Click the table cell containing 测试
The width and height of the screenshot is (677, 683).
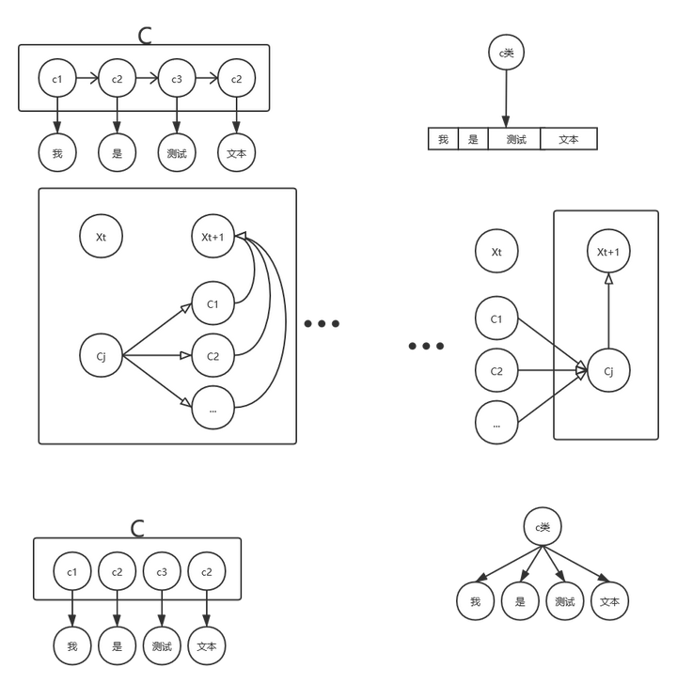515,140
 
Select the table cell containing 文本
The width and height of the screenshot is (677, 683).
568,140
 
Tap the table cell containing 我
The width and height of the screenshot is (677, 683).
443,140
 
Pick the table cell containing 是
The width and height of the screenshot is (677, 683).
473,140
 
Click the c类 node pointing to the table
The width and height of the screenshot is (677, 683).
506,54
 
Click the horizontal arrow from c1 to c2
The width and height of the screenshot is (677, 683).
87,80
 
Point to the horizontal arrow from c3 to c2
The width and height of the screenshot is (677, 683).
206,80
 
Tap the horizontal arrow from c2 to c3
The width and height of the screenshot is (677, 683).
147,80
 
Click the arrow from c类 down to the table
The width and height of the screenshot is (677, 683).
506,99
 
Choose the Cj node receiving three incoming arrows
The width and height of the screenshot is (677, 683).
608,372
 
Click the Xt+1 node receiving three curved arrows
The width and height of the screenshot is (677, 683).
212,237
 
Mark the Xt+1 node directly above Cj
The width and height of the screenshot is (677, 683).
608,252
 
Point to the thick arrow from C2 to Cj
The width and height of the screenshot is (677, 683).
550,372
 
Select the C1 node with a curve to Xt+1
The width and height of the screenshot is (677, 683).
212,304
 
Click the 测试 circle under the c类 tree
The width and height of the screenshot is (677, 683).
565,602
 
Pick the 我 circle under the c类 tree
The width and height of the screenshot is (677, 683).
475,602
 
